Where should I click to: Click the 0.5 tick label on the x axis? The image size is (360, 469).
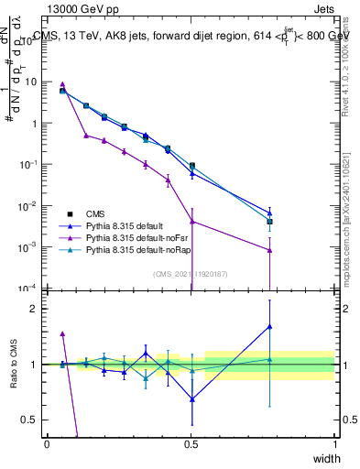[191, 444]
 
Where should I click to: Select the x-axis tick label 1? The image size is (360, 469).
[335, 444]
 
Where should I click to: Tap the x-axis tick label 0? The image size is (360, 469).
[47, 444]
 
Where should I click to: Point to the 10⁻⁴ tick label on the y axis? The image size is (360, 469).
[30, 288]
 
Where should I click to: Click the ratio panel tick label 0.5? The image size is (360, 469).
[32, 420]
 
